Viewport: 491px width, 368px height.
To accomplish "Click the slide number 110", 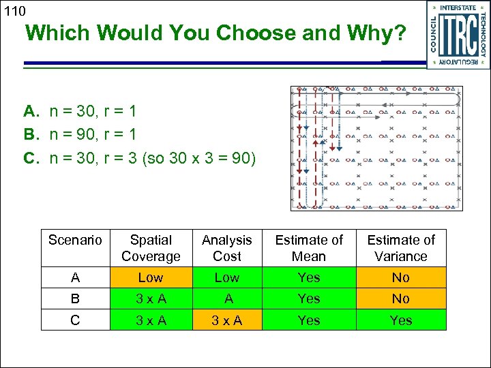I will (x=14, y=11).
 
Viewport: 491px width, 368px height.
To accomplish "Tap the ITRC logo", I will (x=457, y=34).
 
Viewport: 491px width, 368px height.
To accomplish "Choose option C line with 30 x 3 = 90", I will (x=140, y=158).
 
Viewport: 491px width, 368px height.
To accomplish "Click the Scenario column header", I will (x=75, y=240).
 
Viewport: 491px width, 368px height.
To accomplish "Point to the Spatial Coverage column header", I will (x=151, y=248).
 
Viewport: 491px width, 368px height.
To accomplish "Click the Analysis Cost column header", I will (x=227, y=248).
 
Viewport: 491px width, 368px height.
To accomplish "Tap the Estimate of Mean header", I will (x=309, y=248).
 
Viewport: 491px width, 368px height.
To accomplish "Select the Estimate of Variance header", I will (x=400, y=248).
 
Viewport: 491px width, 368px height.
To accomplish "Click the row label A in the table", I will (x=75, y=277).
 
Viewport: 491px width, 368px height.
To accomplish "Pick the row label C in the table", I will (x=75, y=320).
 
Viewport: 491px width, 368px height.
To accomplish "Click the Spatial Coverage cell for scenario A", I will (x=151, y=277).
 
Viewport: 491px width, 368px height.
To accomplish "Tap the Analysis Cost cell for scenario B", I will (x=227, y=298).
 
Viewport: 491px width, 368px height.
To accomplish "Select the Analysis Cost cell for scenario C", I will (x=227, y=320).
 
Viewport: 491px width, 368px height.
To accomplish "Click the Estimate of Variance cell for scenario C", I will (x=400, y=320).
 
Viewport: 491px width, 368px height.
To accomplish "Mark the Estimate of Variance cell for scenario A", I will (x=400, y=277).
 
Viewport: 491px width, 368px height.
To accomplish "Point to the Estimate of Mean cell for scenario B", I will (x=309, y=298).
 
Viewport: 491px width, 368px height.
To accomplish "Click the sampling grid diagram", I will (x=376, y=148).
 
